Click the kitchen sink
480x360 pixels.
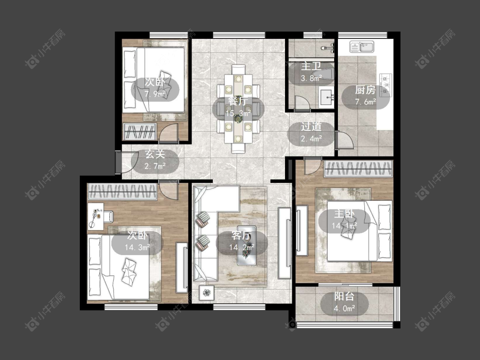(362, 47)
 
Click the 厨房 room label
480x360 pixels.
(365, 90)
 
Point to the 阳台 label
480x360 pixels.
(344, 296)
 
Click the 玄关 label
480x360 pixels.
(155, 154)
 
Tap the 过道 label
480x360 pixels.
(311, 127)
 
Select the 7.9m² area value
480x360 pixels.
(155, 94)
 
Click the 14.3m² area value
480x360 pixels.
(137, 247)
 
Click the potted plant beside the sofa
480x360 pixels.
(207, 293)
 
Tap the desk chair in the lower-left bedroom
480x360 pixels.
(108, 216)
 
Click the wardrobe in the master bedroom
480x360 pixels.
(358, 169)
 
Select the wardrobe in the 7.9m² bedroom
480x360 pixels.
(140, 132)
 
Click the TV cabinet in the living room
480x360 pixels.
(285, 244)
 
